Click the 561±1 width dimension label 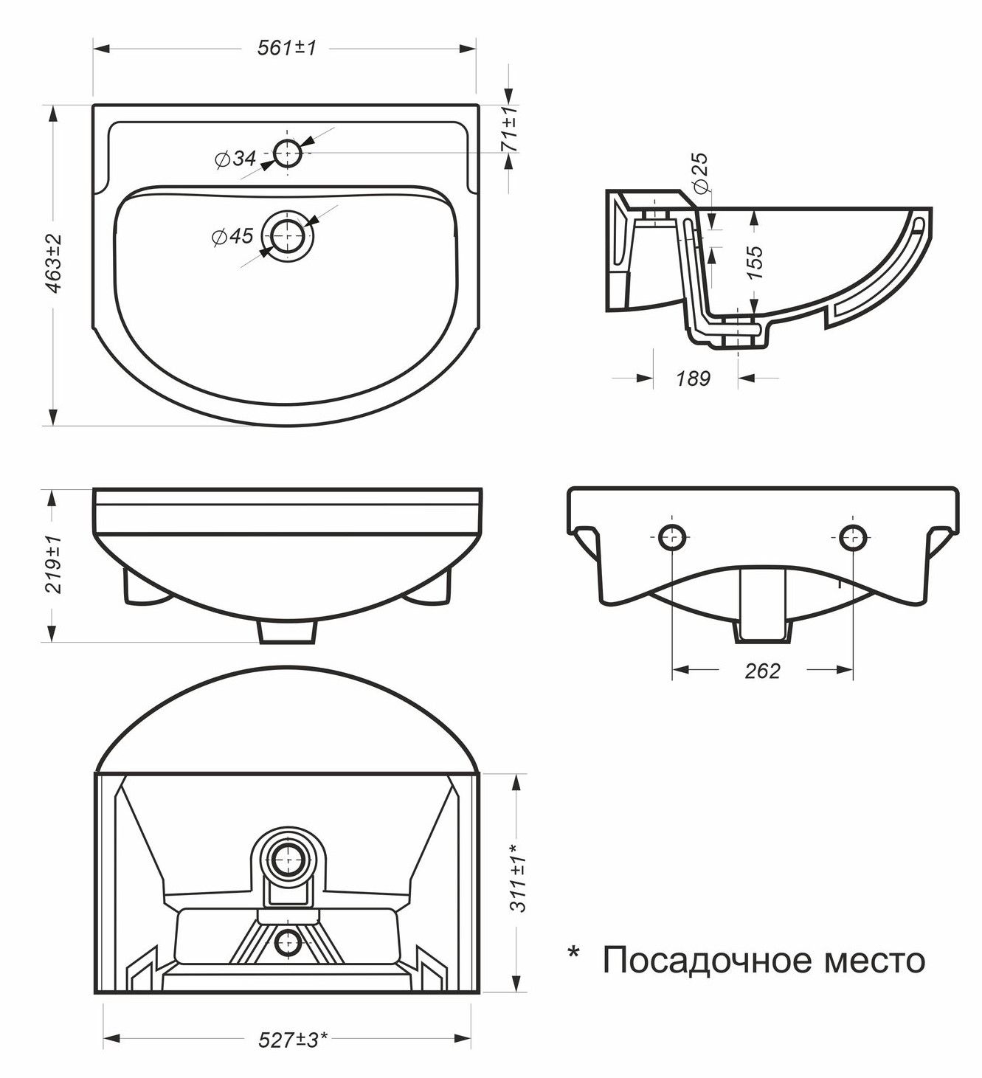point(286,49)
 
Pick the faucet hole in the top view point(287,153)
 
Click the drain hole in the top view point(288,236)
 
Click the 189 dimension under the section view point(694,379)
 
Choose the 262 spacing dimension point(763,670)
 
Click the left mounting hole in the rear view point(672,536)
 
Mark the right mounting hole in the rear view point(854,536)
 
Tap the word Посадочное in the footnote point(707,961)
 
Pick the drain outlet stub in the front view point(287,632)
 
